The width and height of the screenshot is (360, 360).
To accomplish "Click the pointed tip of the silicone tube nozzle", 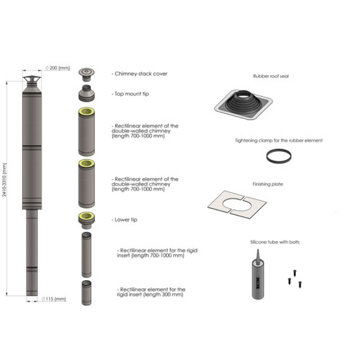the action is [x=258, y=249].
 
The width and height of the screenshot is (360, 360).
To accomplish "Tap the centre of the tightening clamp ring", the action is [x=279, y=156].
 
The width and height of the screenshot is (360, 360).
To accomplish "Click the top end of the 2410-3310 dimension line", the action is [x=6, y=81].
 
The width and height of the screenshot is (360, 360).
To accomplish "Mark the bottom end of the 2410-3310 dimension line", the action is [x=6, y=296].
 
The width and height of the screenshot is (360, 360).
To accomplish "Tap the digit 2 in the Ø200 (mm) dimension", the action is [x=51, y=68].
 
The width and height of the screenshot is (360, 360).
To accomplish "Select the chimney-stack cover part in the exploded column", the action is [x=86, y=75].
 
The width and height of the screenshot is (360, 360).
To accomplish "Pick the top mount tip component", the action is [x=86, y=93].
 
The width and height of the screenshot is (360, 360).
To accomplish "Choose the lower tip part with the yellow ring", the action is [x=86, y=220].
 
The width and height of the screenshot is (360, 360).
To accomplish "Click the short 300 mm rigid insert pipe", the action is [x=86, y=293].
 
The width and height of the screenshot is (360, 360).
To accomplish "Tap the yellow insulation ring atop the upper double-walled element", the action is [x=86, y=112].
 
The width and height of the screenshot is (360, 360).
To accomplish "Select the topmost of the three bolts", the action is [x=295, y=273].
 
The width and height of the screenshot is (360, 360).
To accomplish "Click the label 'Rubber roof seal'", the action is [x=271, y=76].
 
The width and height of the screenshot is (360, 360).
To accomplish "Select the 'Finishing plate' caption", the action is [x=268, y=184].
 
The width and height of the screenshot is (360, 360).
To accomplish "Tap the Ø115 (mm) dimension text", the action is [x=54, y=299].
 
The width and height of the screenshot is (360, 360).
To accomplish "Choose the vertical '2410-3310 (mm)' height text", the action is [x=4, y=180].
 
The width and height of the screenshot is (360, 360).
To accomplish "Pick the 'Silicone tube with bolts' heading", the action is [x=275, y=242].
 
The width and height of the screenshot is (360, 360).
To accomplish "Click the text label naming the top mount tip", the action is [x=130, y=94].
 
